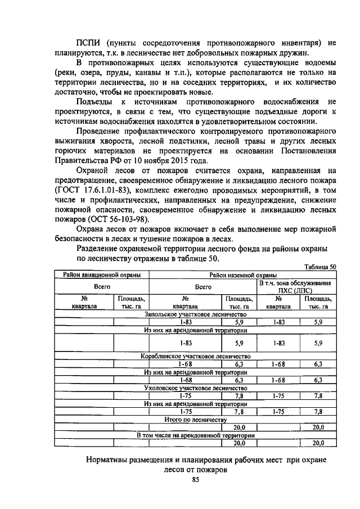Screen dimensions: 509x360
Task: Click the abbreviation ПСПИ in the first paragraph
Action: (x=89, y=42)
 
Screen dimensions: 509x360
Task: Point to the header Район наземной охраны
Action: (x=242, y=275)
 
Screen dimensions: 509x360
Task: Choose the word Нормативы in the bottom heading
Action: (x=108, y=460)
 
